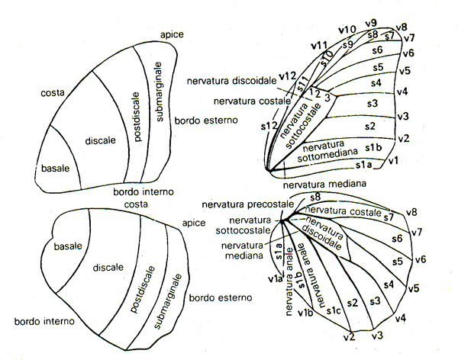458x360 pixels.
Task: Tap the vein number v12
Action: [286, 76]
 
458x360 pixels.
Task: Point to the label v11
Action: [320, 45]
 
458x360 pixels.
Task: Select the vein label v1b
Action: [305, 314]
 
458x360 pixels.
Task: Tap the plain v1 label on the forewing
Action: [394, 161]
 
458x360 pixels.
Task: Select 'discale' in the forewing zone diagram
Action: [100, 140]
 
